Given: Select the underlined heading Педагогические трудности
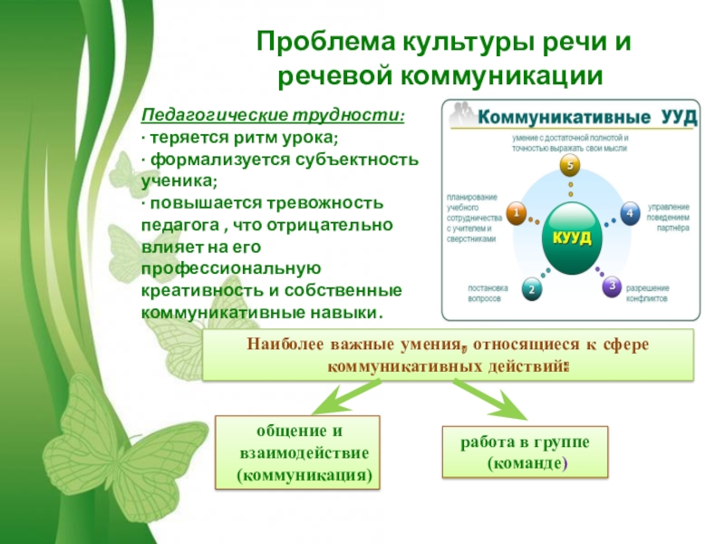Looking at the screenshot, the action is point(273,117).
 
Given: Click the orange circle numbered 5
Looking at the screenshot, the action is point(568,166).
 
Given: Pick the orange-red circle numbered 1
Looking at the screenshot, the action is point(516,214).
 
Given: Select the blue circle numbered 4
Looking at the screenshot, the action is point(628,213).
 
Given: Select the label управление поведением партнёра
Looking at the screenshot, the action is point(670,218).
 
